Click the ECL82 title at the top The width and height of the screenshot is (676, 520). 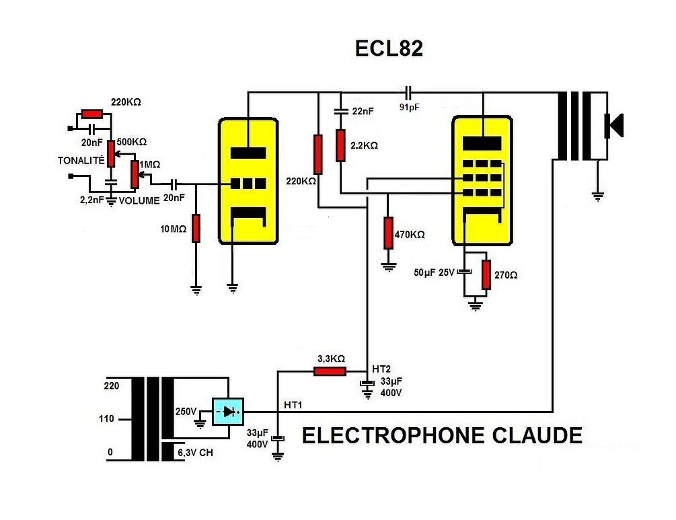[x=389, y=48]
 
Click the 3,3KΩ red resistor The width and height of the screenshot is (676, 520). [x=330, y=371]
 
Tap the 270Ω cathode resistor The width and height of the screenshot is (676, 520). [x=486, y=274]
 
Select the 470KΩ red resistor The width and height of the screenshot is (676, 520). [x=388, y=233]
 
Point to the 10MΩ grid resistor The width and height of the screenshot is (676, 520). [x=196, y=228]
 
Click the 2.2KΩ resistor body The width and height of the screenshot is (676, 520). [x=340, y=146]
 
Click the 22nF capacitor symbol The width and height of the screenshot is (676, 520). [x=341, y=111]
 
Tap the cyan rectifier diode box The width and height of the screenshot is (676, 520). [x=228, y=412]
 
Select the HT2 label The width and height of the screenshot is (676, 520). [x=381, y=369]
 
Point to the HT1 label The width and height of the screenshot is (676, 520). [x=293, y=406]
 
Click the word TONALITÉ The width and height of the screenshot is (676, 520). [x=81, y=160]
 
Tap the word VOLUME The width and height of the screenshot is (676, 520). [x=139, y=200]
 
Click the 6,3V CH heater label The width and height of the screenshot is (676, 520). [x=195, y=453]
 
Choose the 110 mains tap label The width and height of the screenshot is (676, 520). [x=106, y=418]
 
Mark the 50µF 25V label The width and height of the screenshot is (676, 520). [x=434, y=272]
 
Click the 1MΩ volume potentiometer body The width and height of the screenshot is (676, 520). [x=135, y=175]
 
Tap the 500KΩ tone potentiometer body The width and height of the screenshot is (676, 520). [x=111, y=153]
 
